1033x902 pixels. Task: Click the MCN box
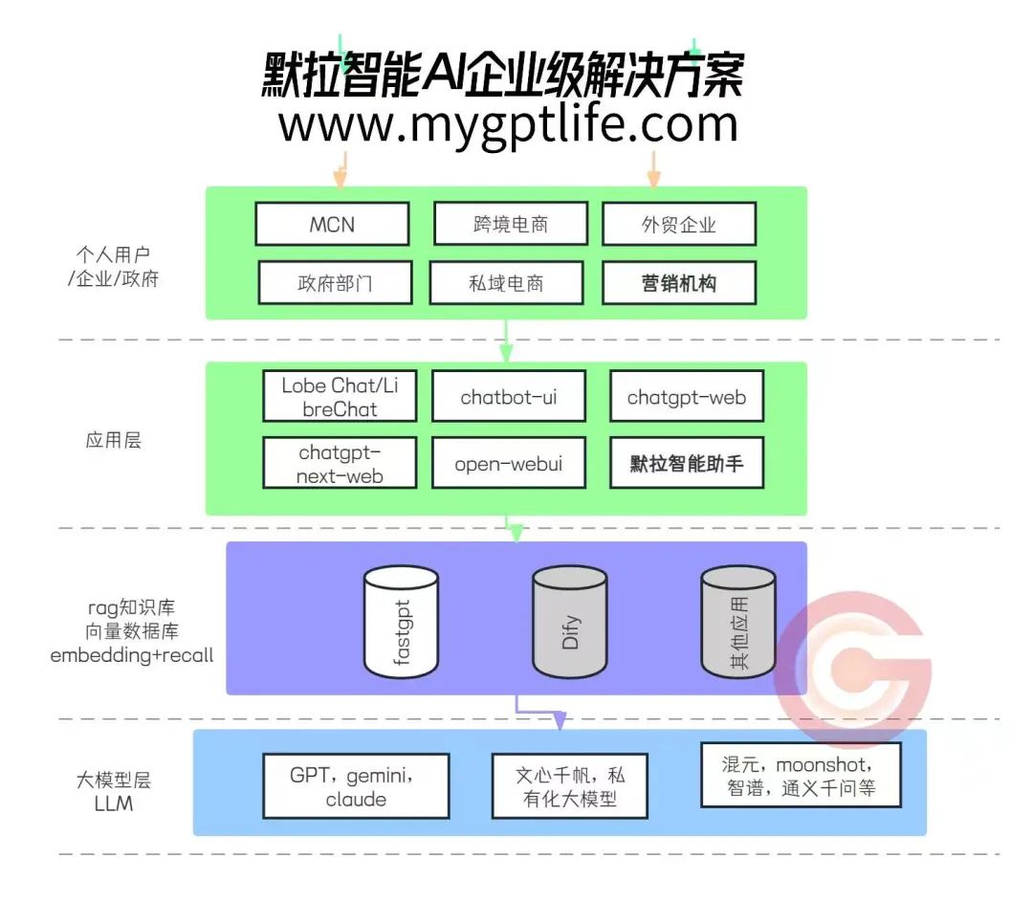pyautogui.click(x=332, y=225)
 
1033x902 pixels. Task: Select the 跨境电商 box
pyautogui.click(x=510, y=225)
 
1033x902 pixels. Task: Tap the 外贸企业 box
pyautogui.click(x=679, y=225)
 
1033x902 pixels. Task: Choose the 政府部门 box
pyautogui.click(x=335, y=283)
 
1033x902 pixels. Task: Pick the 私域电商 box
pyautogui.click(x=506, y=283)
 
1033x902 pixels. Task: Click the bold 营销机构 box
pyautogui.click(x=679, y=283)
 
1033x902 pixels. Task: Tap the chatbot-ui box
pyautogui.click(x=508, y=397)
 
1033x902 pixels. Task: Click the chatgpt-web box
pyautogui.click(x=686, y=397)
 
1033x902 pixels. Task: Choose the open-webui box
pyautogui.click(x=508, y=464)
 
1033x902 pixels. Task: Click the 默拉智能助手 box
pyautogui.click(x=686, y=464)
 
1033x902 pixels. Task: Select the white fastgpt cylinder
pyautogui.click(x=402, y=621)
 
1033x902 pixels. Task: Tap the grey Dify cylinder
pyautogui.click(x=570, y=621)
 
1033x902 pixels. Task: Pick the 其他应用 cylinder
pyautogui.click(x=737, y=621)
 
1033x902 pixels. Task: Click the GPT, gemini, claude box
pyautogui.click(x=356, y=785)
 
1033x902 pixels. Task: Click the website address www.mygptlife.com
pyautogui.click(x=508, y=124)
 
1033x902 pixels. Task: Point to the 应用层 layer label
pyautogui.click(x=113, y=441)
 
